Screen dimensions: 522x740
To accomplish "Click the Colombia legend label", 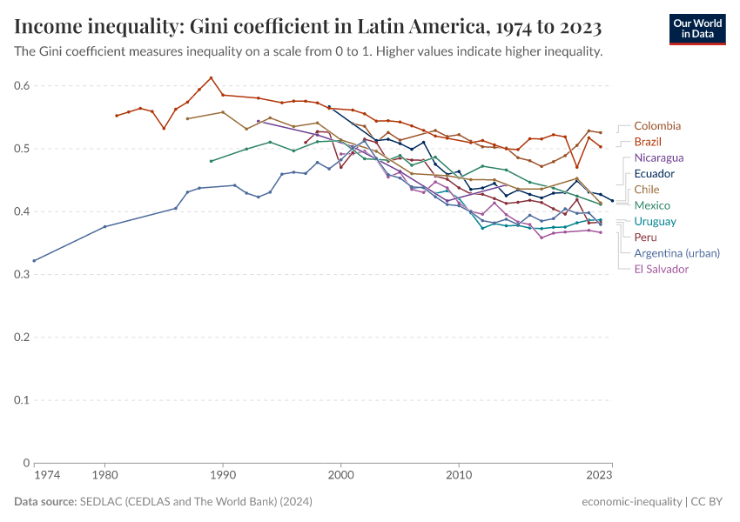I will pos(657,126).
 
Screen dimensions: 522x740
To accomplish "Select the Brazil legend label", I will pos(648,142).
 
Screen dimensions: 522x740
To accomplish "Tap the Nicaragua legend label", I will pos(658,158).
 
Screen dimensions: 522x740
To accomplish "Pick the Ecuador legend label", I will pos(654,174).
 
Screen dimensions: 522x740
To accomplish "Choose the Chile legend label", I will pos(647,190).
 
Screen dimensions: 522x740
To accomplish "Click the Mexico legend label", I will pos(651,205).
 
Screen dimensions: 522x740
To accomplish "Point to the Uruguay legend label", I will pos(655,222).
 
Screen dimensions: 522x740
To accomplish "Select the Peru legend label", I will pos(645,238).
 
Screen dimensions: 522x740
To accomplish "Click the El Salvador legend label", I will pos(661,269).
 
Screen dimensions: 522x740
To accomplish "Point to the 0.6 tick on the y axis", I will pos(22,86).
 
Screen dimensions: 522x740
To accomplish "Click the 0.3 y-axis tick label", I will pos(22,275).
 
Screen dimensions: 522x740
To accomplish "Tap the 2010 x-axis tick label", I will pos(459,476).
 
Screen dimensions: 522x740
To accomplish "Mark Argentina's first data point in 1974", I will pos(34,261).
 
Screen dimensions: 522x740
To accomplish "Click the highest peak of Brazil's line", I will pos(211,77).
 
